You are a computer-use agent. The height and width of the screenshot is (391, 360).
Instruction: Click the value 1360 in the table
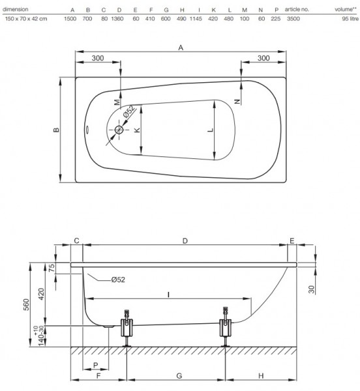coord(117,19)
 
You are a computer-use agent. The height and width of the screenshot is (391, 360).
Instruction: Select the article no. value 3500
coord(293,19)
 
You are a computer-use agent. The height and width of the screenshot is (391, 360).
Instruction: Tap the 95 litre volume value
coord(350,19)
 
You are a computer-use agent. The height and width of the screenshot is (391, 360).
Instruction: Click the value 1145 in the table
coord(196,19)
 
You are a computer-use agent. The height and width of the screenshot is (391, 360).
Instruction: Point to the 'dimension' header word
coord(16,10)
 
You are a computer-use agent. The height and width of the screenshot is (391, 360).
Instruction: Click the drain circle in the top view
coord(119,130)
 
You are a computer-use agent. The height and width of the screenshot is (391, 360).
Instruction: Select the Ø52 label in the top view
coord(128,111)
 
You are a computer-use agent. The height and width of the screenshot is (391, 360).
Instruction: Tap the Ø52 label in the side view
coord(118,280)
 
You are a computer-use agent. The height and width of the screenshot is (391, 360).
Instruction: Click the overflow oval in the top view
coord(87,130)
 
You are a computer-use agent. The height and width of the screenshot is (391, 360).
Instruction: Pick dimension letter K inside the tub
coord(137,130)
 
